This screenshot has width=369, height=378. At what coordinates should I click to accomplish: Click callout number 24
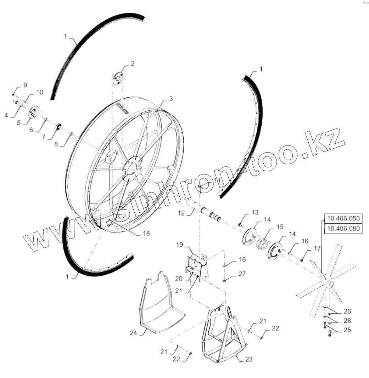click(133, 333)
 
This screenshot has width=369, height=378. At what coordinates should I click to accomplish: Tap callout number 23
click(249, 359)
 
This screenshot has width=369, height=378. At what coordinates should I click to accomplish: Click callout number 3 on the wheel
click(171, 99)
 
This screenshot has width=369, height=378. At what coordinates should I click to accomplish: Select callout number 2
click(132, 64)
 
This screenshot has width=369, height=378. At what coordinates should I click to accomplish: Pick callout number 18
click(146, 234)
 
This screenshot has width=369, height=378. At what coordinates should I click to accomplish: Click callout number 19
click(180, 245)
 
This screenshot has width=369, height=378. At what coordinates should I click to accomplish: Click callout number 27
click(242, 274)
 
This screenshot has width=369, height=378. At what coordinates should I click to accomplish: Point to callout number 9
click(25, 85)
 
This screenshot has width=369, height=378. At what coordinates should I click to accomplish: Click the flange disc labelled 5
click(34, 113)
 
